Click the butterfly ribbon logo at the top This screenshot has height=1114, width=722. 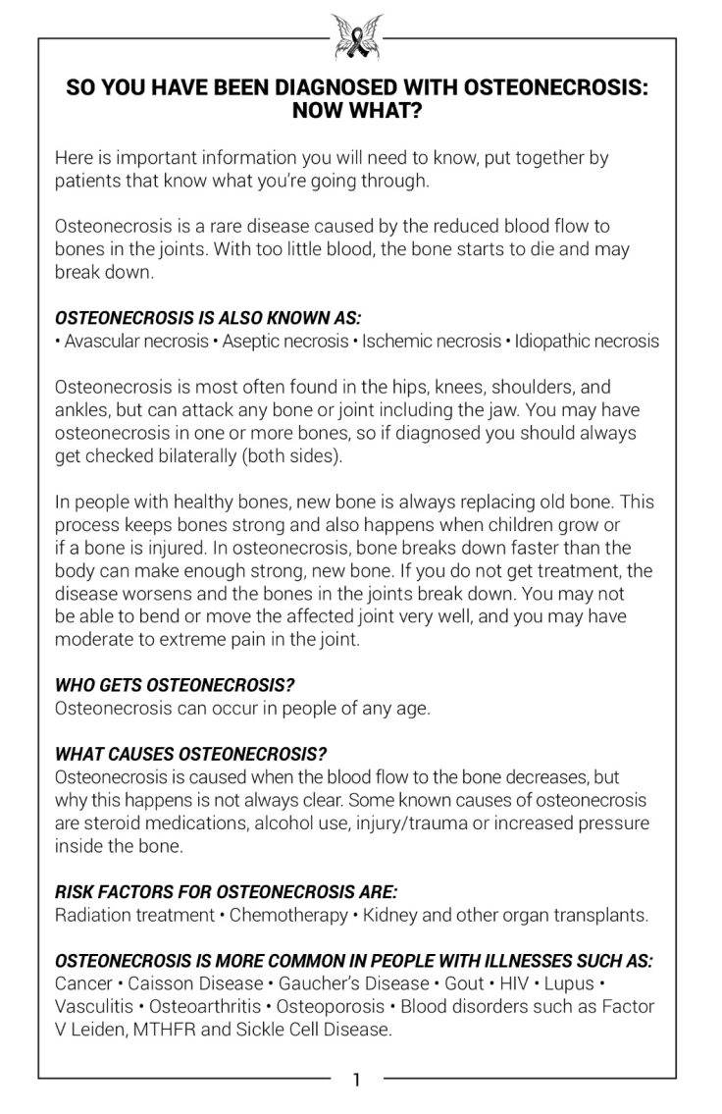(357, 36)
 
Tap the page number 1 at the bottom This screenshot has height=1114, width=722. (357, 1081)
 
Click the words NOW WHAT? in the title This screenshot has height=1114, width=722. (357, 110)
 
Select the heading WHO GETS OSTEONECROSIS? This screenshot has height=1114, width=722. (175, 685)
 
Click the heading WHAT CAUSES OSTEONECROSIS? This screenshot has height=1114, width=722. (191, 754)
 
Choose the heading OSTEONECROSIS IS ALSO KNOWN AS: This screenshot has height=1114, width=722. (208, 319)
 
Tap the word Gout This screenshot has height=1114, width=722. (464, 983)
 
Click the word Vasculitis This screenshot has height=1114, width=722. (92, 1006)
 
